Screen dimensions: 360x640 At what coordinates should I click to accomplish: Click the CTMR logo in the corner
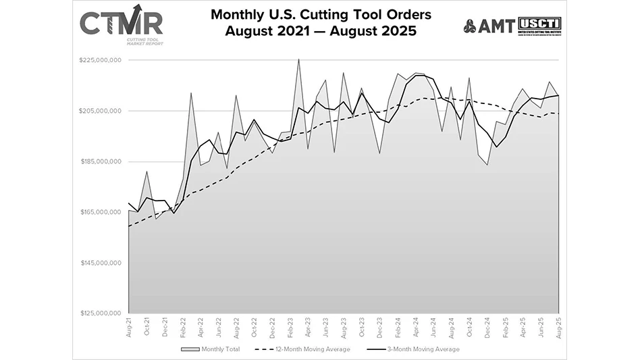(x=121, y=24)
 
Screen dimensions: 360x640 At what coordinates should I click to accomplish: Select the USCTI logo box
(x=539, y=26)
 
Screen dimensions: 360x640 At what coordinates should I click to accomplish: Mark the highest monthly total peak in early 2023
(x=298, y=59)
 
